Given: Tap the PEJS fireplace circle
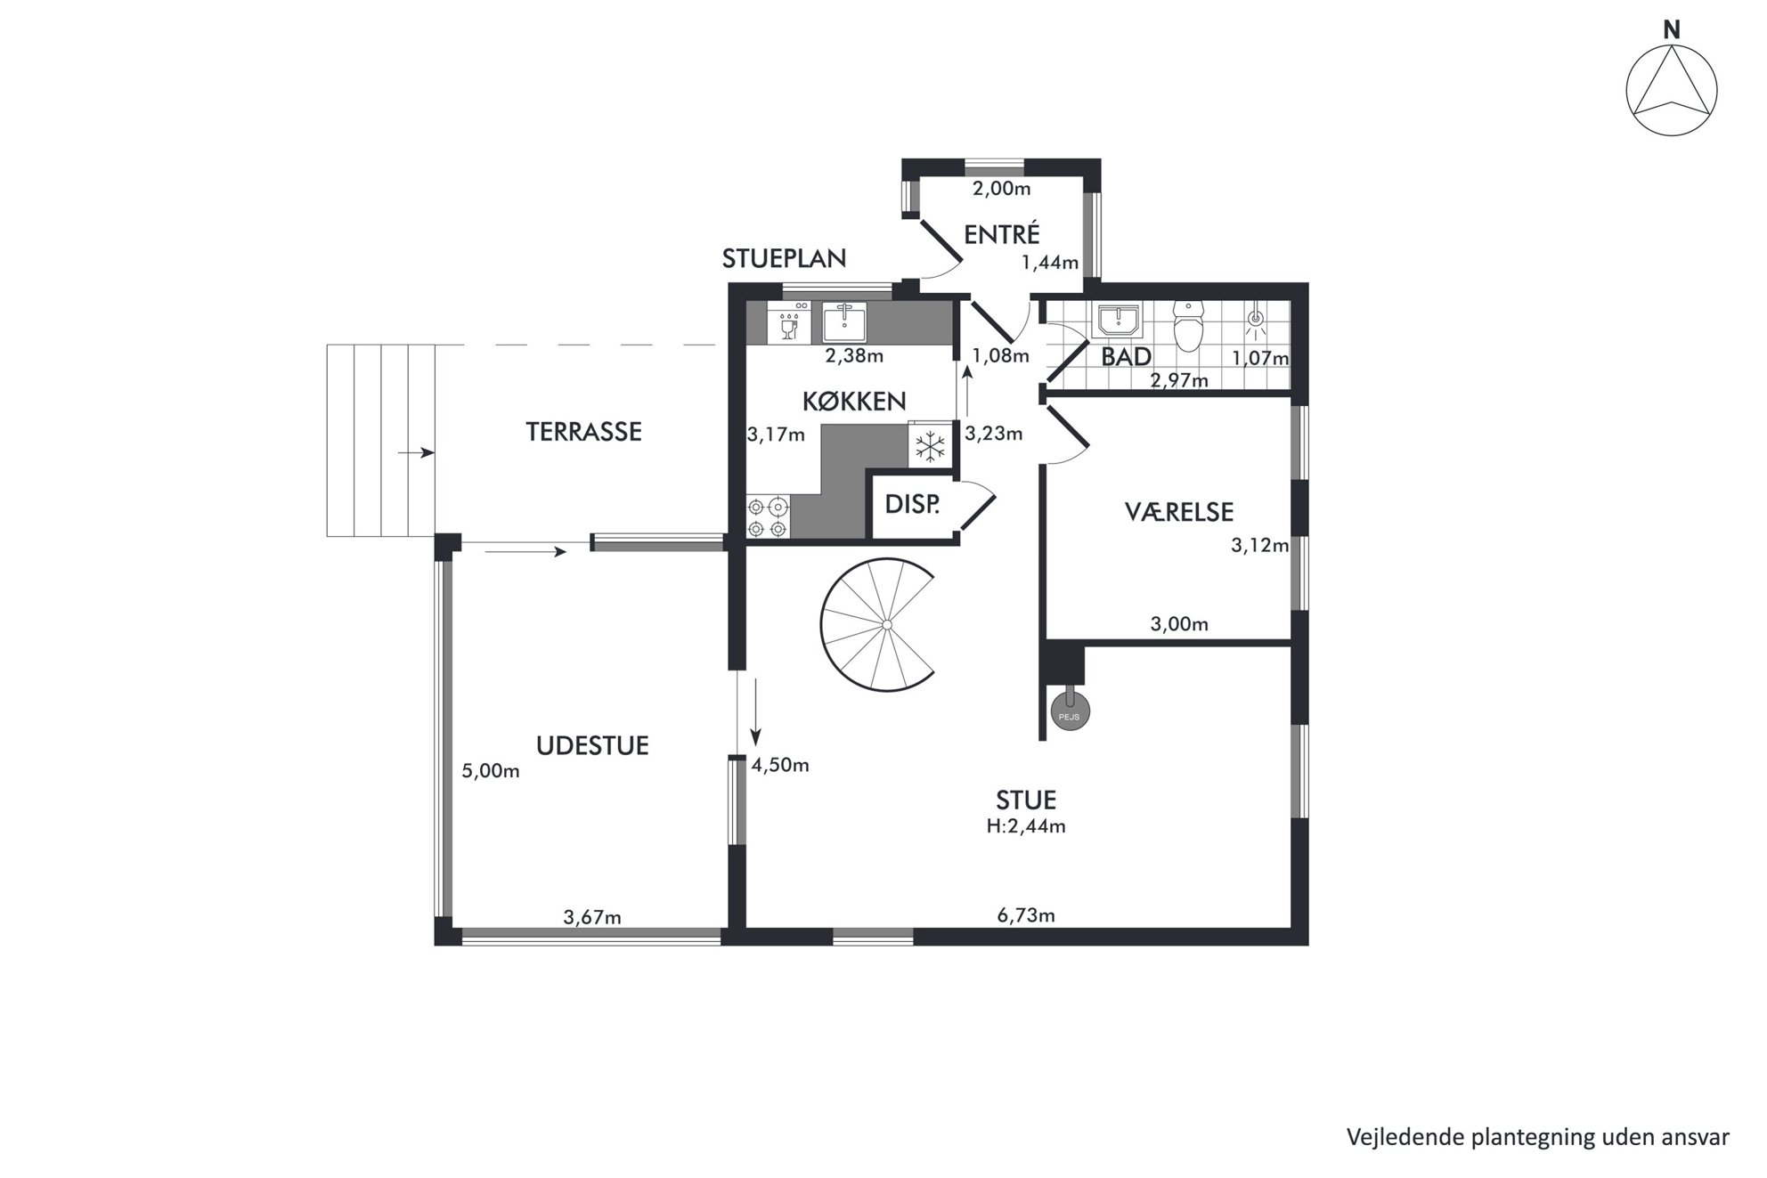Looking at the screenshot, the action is tap(1071, 714).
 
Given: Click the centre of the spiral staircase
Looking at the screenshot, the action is tap(887, 626).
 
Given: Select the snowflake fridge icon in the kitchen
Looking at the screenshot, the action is tap(932, 445).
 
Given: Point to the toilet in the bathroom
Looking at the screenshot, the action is tap(1189, 327).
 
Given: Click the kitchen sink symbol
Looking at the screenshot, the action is tap(844, 322).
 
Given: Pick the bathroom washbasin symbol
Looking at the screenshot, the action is tap(1117, 320).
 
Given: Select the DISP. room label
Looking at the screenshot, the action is tap(912, 505).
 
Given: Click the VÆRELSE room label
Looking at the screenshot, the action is tap(1179, 512).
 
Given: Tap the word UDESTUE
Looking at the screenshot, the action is tap(592, 746).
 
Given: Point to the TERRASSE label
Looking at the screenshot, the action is tap(583, 432).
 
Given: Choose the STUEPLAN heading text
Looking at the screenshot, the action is tap(784, 258).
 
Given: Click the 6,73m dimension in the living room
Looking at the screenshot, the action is tap(1026, 914).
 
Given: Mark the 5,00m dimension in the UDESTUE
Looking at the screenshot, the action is tap(491, 771).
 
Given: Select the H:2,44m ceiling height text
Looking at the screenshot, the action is tap(1026, 826).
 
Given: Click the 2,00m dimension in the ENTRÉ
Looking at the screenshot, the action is tap(1001, 189).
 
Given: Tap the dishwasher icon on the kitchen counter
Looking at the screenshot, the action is tap(789, 322).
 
